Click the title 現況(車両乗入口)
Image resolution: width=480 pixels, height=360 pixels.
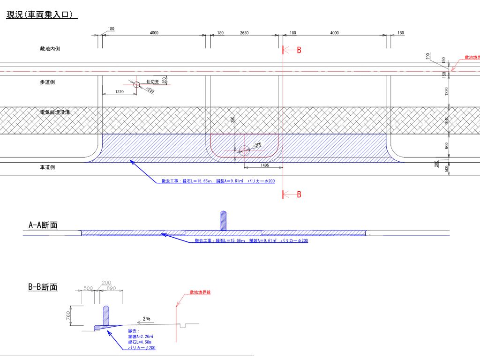[41, 15]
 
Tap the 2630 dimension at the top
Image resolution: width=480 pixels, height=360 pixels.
[244, 33]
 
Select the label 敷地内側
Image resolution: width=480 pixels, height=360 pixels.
[50, 49]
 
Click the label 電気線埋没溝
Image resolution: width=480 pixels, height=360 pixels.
[55, 112]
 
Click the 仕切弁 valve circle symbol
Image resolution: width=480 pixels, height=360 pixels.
[136, 85]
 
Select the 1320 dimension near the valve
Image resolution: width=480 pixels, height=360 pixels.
[119, 92]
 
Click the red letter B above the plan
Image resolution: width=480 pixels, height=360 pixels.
[299, 51]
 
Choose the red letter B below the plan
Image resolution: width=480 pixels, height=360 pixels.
[299, 195]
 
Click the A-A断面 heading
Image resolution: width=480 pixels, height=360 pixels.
[43, 225]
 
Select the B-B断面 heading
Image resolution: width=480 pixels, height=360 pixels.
[43, 287]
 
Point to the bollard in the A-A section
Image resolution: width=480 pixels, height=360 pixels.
[224, 221]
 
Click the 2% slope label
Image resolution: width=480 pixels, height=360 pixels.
[147, 319]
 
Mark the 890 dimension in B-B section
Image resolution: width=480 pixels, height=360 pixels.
[111, 289]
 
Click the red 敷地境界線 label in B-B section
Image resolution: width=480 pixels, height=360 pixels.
[200, 292]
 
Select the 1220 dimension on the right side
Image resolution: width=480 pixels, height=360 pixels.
[447, 90]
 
